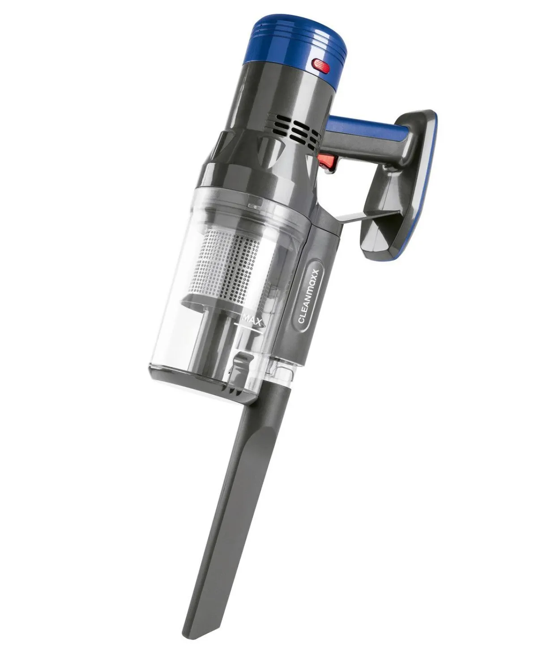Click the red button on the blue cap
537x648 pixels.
(322, 66)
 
